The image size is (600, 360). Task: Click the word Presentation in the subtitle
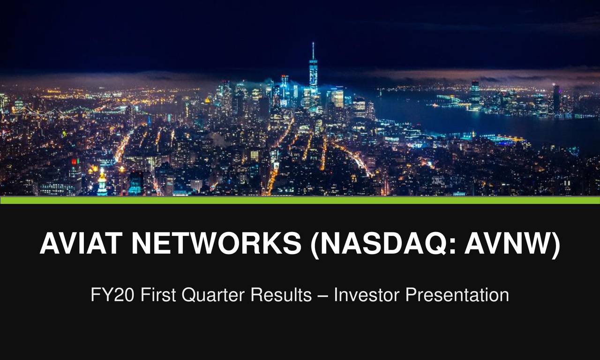457,295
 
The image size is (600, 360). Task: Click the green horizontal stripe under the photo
300,200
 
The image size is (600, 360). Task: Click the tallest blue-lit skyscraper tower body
313,75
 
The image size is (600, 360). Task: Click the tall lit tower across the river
475,94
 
